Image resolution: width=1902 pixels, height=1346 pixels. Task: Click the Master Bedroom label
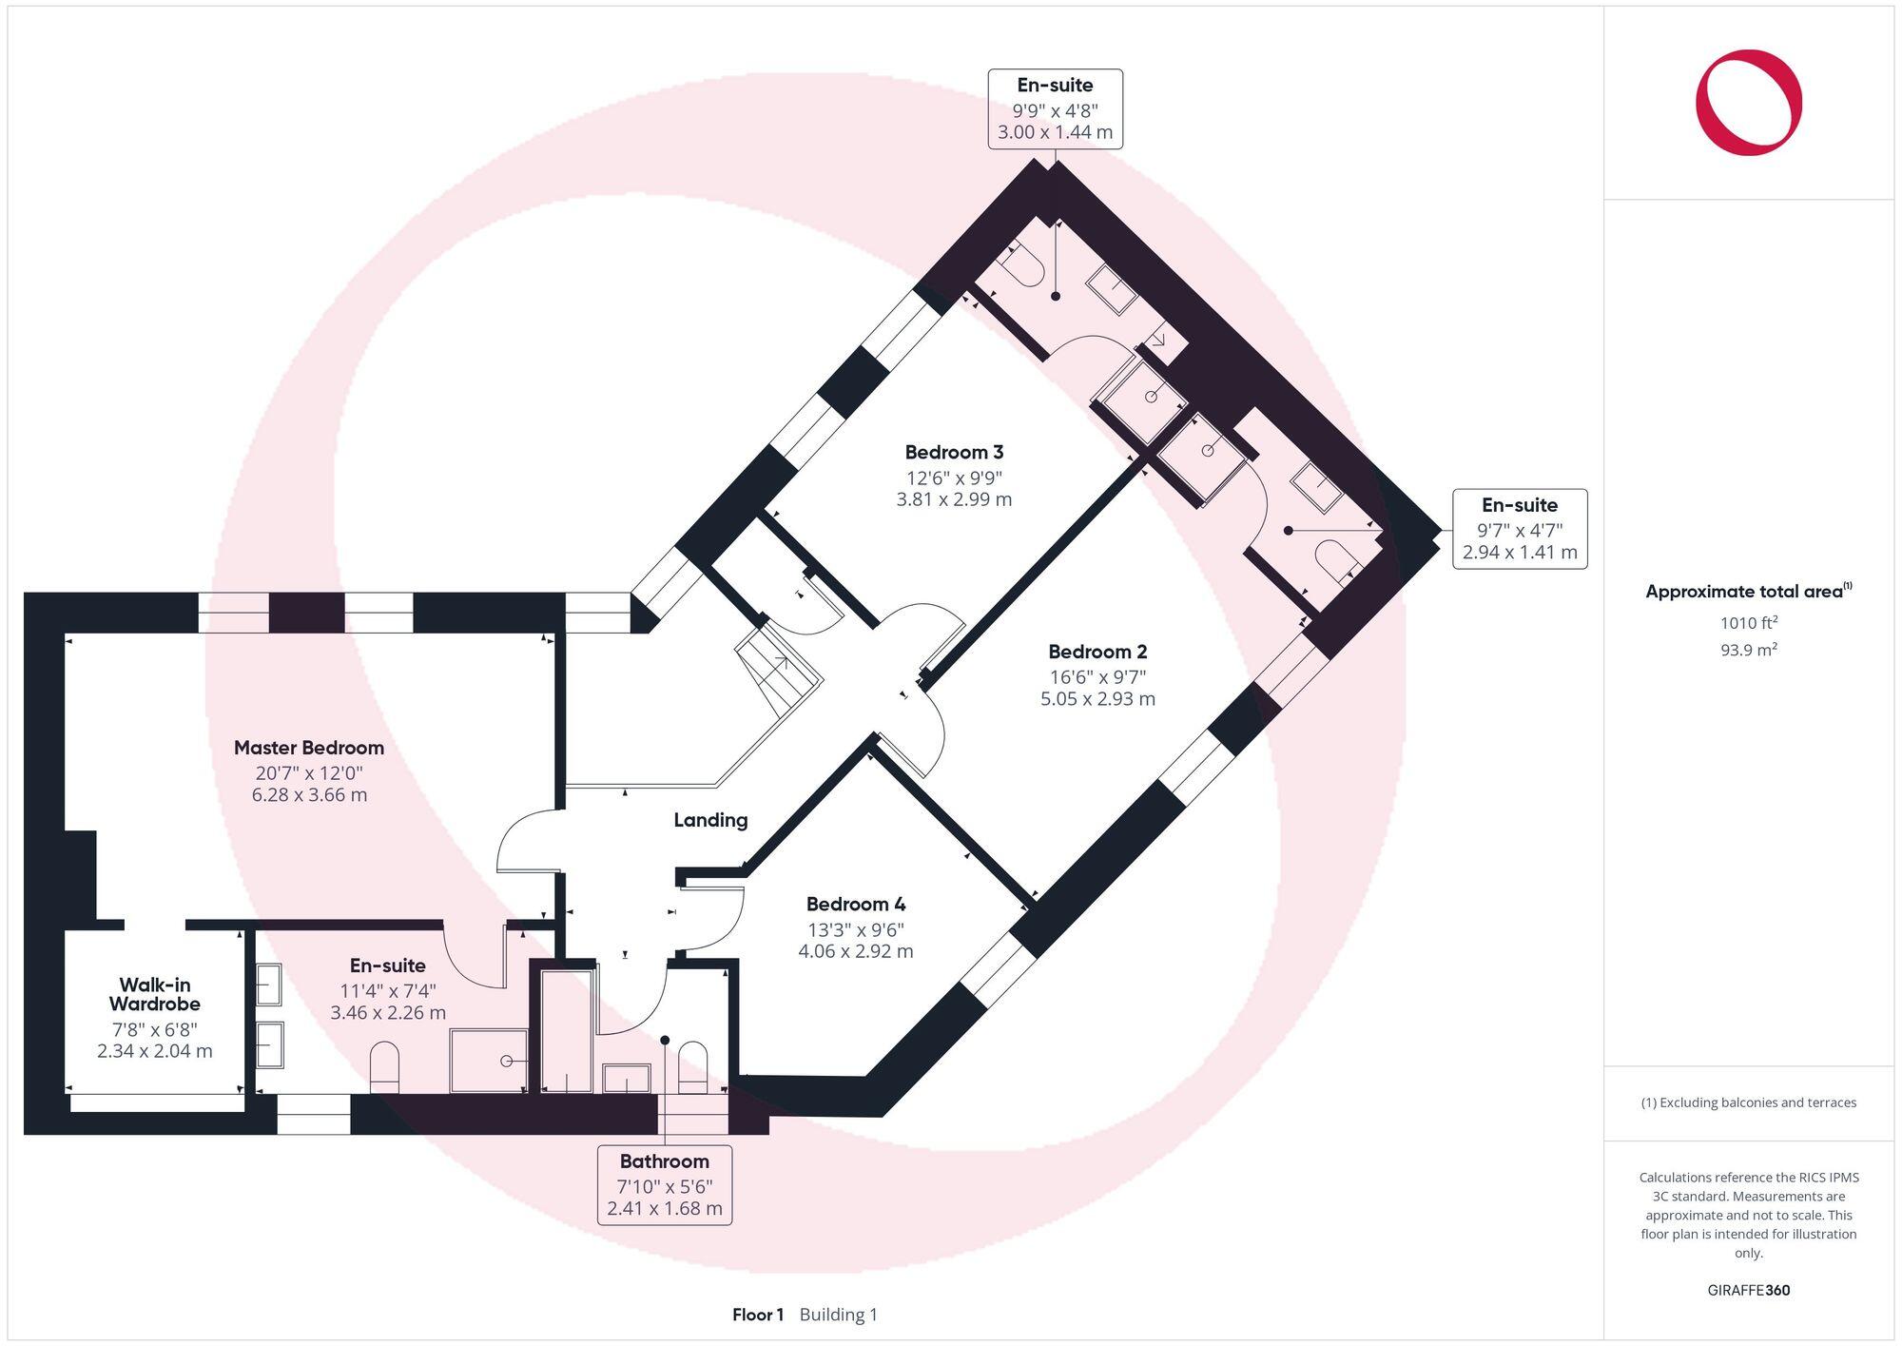pyautogui.click(x=309, y=748)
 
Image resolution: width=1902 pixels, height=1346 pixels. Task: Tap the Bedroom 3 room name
pyautogui.click(x=954, y=452)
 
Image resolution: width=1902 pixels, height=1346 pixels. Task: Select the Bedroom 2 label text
pyautogui.click(x=1097, y=652)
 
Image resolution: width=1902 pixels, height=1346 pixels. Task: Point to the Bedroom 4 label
pyautogui.click(x=856, y=904)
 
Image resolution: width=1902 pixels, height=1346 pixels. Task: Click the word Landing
pyautogui.click(x=710, y=820)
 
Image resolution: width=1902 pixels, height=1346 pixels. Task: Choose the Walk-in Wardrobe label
pyautogui.click(x=154, y=994)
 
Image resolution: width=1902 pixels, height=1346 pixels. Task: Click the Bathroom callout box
pyautogui.click(x=665, y=1184)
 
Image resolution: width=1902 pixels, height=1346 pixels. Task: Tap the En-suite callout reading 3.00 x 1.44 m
pyautogui.click(x=1055, y=108)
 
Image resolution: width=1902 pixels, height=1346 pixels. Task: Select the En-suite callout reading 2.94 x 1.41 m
pyautogui.click(x=1519, y=529)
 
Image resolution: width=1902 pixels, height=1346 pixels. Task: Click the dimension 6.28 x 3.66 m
pyautogui.click(x=309, y=795)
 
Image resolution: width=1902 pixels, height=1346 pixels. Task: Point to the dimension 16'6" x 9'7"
pyautogui.click(x=1097, y=676)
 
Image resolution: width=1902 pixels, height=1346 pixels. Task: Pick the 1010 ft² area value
pyautogui.click(x=1748, y=623)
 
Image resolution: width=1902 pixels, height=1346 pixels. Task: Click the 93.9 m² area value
pyautogui.click(x=1748, y=650)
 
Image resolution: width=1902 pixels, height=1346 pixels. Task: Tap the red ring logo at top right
pyautogui.click(x=1748, y=102)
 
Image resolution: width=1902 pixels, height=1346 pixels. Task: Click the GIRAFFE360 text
pyautogui.click(x=1748, y=1291)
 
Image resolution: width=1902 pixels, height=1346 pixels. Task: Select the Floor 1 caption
pyautogui.click(x=758, y=1315)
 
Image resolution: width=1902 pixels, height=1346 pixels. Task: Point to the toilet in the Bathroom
pyautogui.click(x=692, y=1067)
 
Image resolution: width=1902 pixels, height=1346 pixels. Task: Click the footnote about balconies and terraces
pyautogui.click(x=1748, y=1102)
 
